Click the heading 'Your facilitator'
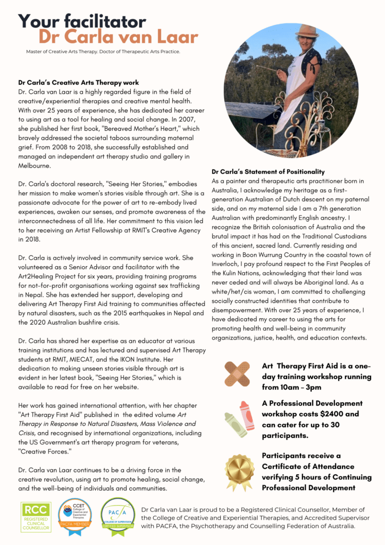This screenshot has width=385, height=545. point(82,21)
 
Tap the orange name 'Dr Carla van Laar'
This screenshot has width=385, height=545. point(118,38)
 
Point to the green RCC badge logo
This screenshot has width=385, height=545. point(36,517)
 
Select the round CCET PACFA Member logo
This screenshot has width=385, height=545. point(75,516)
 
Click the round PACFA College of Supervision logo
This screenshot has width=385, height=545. point(117,516)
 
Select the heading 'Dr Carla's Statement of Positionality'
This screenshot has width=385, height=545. point(268,171)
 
